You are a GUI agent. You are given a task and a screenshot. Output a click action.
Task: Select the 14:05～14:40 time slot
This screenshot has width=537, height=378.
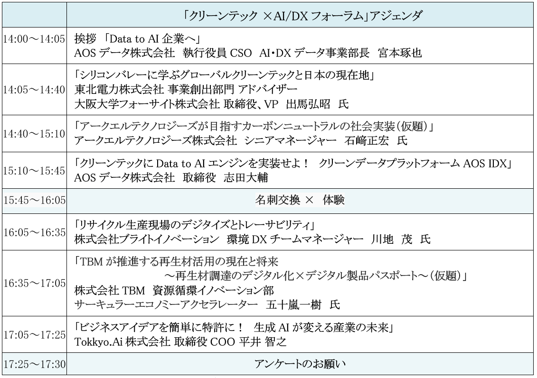click(34, 89)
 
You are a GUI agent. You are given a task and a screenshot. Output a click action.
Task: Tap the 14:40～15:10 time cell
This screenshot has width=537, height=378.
click(34, 134)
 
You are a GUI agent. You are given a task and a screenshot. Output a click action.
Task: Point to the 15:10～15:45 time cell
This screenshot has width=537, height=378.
click(34, 170)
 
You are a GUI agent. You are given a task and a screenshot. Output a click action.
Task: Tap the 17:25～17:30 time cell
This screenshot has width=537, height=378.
click(34, 365)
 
